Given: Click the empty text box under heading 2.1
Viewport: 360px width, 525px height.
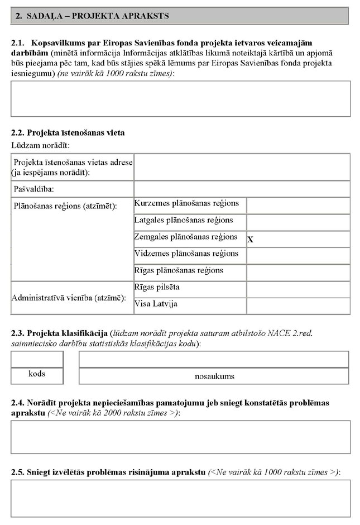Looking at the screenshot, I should (180, 98).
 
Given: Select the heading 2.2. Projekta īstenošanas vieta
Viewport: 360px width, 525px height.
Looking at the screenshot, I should (68, 133).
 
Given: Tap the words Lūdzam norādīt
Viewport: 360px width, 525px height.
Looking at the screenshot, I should (40, 145).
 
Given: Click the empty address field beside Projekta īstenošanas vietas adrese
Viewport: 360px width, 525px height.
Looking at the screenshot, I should (242, 167).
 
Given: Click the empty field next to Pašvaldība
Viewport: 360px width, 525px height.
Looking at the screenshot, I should (242, 189).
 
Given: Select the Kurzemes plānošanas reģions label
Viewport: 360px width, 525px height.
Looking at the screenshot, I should (186, 203).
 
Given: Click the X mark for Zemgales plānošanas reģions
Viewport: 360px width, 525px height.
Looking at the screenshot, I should (251, 239).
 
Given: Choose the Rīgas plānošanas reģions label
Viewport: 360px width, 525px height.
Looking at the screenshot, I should (179, 270).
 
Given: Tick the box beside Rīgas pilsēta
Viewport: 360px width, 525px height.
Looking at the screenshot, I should (298, 289).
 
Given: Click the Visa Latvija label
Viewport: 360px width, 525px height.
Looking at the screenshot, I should (156, 304).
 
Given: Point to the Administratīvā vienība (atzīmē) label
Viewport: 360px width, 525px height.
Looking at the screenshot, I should (69, 297).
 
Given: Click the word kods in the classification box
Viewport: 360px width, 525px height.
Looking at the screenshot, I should (37, 374).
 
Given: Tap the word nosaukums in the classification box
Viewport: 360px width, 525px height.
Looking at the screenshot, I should (214, 376).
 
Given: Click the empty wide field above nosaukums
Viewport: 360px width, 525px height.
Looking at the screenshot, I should (214, 359).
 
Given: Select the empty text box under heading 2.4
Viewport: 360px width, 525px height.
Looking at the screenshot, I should (180, 437).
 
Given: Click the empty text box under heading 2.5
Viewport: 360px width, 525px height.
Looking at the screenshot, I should (180, 498).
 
